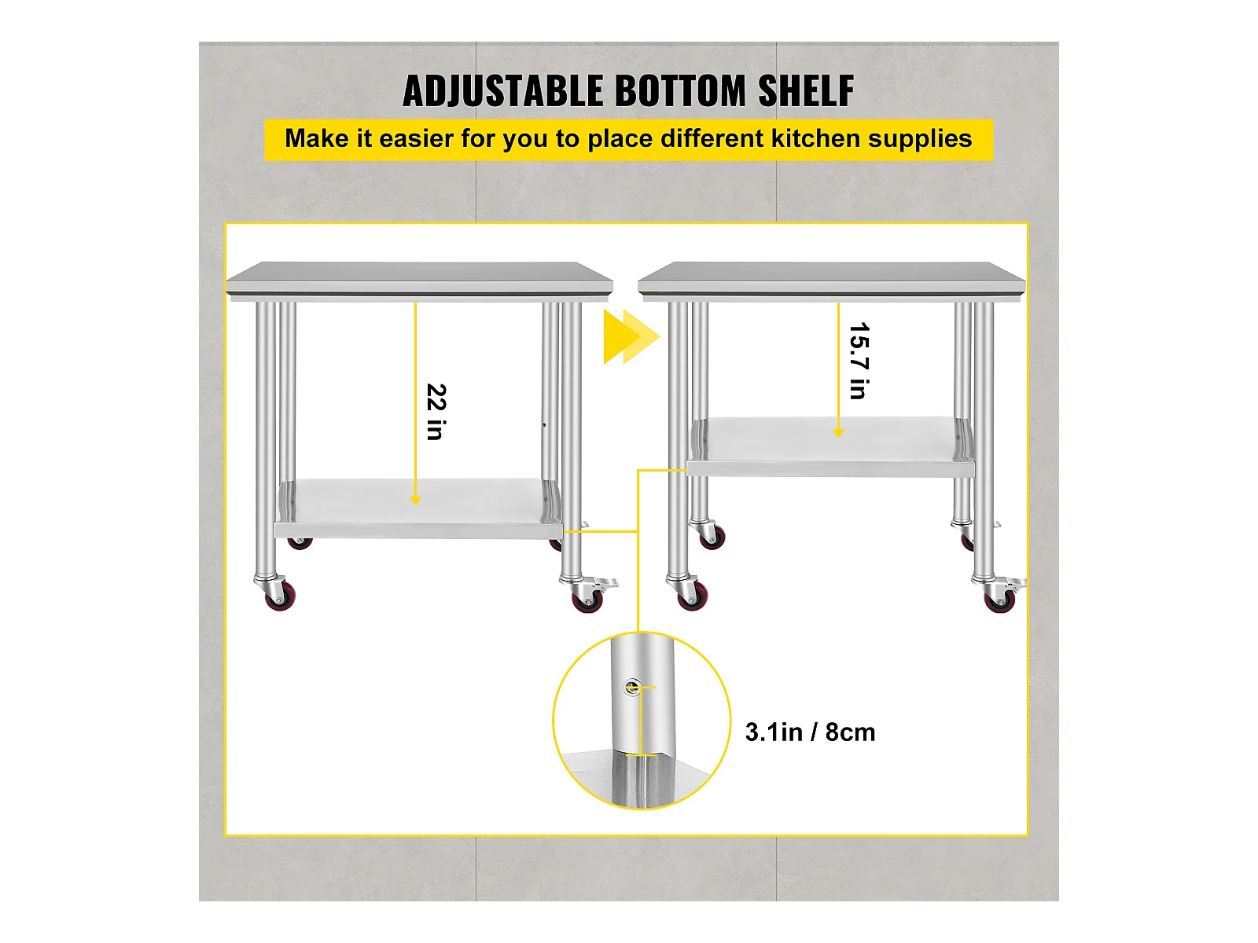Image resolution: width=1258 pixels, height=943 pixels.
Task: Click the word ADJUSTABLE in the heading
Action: tap(503, 91)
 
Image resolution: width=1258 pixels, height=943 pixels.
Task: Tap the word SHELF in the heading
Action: tap(806, 91)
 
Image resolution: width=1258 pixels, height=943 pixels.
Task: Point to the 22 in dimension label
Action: tap(436, 412)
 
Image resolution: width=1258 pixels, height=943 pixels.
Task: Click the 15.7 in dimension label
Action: tap(859, 361)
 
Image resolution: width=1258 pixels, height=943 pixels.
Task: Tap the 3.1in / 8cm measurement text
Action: tap(810, 732)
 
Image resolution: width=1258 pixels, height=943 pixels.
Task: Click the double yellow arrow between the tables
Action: tap(631, 337)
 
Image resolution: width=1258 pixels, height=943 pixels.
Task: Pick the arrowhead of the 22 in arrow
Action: tap(415, 501)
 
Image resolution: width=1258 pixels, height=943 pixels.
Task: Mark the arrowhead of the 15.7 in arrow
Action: tap(838, 433)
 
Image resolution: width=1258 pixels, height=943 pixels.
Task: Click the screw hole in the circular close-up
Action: tap(633, 687)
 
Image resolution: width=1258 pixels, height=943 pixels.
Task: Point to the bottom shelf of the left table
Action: tap(418, 508)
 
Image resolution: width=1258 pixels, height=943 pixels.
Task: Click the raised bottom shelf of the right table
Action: tap(830, 446)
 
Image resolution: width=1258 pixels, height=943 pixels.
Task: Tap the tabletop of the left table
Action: tap(420, 281)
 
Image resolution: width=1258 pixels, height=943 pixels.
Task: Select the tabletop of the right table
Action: tap(832, 281)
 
